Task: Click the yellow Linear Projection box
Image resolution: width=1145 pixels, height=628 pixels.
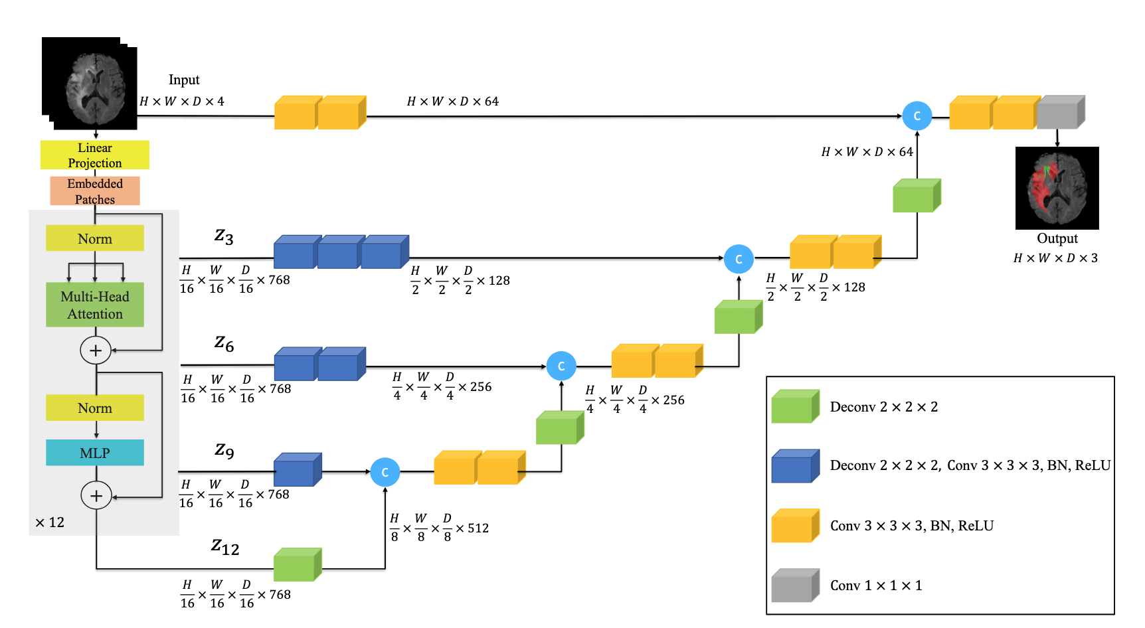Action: coord(94,155)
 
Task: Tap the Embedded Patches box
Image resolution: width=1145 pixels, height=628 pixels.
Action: coord(94,191)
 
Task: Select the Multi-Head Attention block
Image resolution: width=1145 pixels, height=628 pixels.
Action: coord(94,305)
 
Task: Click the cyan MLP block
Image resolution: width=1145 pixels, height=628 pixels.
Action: coord(94,453)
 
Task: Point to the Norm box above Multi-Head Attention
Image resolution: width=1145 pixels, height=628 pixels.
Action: coord(94,238)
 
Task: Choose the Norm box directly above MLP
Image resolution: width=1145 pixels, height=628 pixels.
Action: coord(94,408)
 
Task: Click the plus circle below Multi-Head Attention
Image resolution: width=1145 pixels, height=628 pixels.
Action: coord(96,351)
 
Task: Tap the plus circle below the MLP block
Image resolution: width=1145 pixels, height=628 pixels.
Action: coord(96,496)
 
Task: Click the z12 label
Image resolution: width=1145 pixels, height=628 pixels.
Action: coord(225,547)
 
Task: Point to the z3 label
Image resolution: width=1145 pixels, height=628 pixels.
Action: coord(224,236)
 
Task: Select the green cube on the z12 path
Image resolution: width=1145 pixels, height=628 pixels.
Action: coord(298,565)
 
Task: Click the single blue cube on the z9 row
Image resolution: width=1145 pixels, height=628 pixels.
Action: coord(298,470)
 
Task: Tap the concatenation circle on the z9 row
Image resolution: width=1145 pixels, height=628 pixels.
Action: coord(385,473)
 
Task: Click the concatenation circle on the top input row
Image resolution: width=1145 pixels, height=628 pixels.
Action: coord(917,116)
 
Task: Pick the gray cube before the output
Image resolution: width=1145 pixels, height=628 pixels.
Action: coord(1060,112)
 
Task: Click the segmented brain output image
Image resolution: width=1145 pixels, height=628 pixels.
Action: coord(1057,189)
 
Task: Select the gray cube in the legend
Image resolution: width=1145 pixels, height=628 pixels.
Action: coord(795,586)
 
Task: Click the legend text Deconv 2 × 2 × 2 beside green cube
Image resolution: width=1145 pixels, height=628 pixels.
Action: coord(884,407)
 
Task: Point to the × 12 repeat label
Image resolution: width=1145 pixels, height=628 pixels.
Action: coord(50,522)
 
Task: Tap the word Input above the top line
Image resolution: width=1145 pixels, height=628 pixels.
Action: coord(184,80)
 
